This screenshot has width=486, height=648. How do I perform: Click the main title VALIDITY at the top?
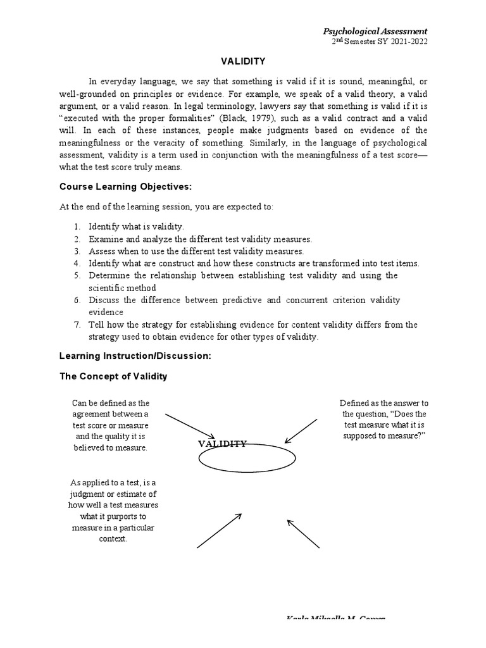pyautogui.click(x=242, y=61)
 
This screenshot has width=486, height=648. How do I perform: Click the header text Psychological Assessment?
pyautogui.click(x=375, y=31)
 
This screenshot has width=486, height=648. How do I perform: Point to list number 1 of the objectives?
pyautogui.click(x=76, y=226)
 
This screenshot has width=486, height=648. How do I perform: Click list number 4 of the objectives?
pyautogui.click(x=76, y=263)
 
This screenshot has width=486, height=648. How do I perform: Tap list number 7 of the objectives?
pyautogui.click(x=76, y=325)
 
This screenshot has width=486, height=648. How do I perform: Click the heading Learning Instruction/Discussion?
pyautogui.click(x=135, y=356)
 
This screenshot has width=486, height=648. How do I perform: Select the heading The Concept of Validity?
pyautogui.click(x=113, y=376)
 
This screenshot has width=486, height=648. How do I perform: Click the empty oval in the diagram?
pyautogui.click(x=247, y=459)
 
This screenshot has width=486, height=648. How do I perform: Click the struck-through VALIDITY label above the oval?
pyautogui.click(x=222, y=444)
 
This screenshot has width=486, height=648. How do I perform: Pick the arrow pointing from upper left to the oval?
pyautogui.click(x=190, y=427)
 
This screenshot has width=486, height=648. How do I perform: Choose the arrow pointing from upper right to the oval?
pyautogui.click(x=301, y=431)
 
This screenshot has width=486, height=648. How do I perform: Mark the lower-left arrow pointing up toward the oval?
pyautogui.click(x=220, y=530)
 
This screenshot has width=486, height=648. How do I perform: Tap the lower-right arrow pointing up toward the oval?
pyautogui.click(x=303, y=533)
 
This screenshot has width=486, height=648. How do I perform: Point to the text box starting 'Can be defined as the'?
pyautogui.click(x=111, y=425)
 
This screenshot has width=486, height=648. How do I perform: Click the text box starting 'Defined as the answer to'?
pyautogui.click(x=383, y=420)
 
